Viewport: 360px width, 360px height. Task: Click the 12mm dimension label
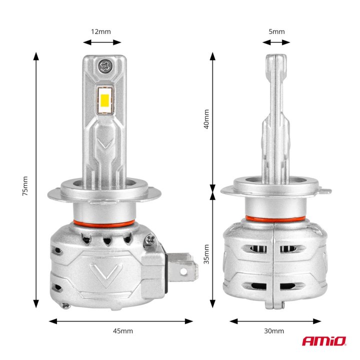pos(100,31)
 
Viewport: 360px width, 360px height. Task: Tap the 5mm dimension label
pos(276,31)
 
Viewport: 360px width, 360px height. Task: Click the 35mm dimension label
pos(206,254)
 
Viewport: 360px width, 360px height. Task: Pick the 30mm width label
pos(273,331)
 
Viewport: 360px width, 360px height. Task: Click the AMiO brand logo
pos(323,341)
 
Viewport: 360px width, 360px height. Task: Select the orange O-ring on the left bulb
pos(104,221)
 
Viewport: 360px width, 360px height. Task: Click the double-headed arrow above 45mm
pos(121,321)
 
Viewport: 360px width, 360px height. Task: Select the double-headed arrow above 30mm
pos(275,321)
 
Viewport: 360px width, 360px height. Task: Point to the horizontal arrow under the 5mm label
pos(276,43)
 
